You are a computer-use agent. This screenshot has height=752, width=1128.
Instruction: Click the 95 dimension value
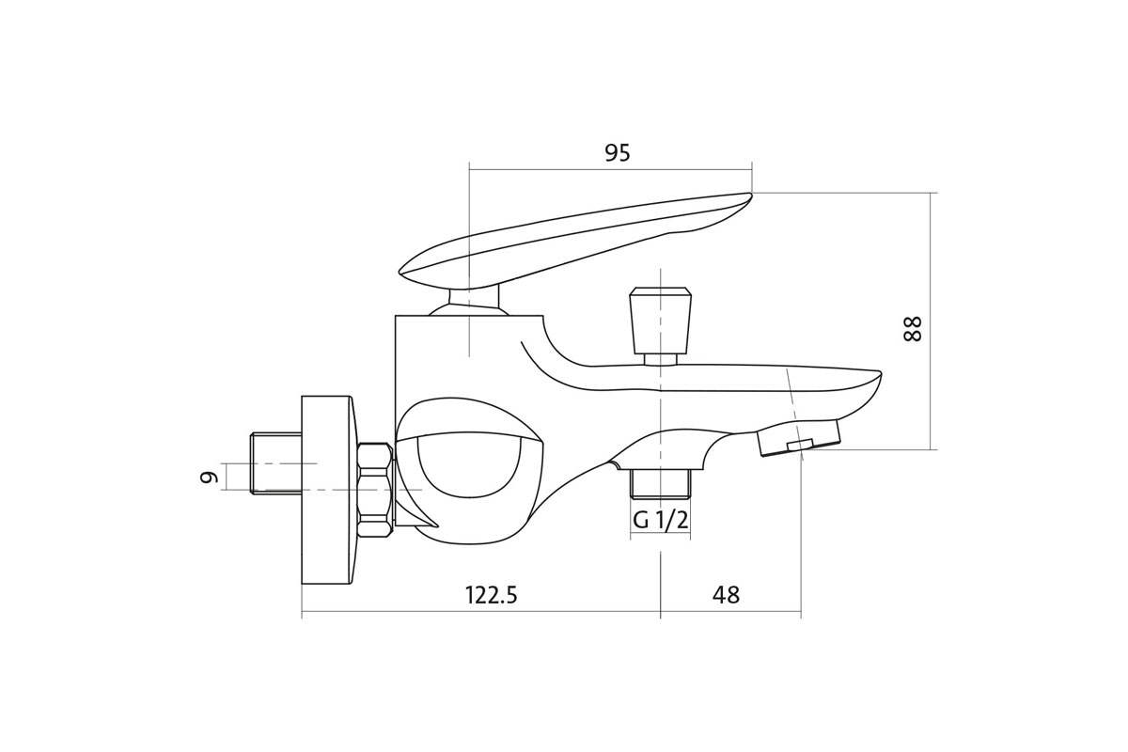[x=618, y=153]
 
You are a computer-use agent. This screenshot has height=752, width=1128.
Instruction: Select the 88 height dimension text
[x=913, y=328]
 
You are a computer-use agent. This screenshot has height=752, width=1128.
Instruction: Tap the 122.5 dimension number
[x=491, y=595]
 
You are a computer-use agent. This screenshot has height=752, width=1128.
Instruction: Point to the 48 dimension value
[x=726, y=595]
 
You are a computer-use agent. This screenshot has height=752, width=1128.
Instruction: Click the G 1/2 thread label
[x=660, y=520]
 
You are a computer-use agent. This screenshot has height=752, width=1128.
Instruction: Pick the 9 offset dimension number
[x=209, y=477]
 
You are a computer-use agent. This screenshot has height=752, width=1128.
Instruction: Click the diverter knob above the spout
[x=661, y=320]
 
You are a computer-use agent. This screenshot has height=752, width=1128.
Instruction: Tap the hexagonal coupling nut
[x=375, y=490]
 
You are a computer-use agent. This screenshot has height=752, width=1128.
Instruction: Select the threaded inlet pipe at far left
[x=275, y=462]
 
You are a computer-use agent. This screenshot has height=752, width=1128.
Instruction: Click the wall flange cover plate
[x=326, y=490]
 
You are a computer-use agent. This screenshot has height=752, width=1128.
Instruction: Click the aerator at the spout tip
[x=799, y=438]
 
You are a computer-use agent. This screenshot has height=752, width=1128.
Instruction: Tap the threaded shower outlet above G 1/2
[x=661, y=482]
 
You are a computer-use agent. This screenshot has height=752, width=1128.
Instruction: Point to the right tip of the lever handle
[x=748, y=196]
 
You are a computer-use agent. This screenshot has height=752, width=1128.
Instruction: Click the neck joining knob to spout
[x=661, y=358]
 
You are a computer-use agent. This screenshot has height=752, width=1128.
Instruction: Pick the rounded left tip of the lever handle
[x=404, y=272]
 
